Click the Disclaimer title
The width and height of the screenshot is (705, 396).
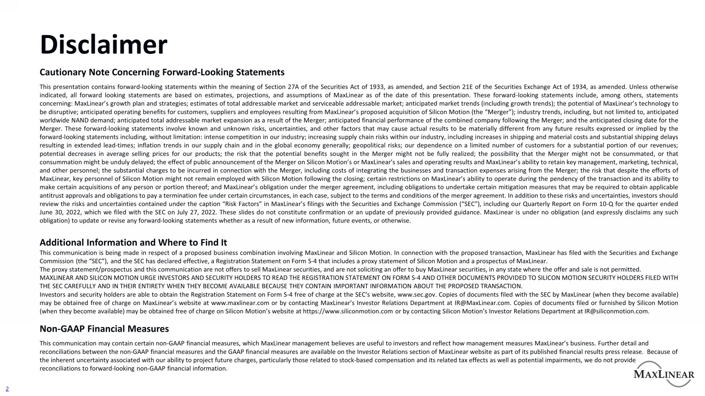coord(103,45)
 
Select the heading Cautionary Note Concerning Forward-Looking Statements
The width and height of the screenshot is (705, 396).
coord(162,72)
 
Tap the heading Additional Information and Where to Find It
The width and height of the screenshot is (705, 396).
coord(133,243)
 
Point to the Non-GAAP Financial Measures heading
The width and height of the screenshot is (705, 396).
coord(104,329)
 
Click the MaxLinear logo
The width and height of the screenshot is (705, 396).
coord(664,373)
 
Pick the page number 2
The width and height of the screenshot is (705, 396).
coord(7,388)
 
